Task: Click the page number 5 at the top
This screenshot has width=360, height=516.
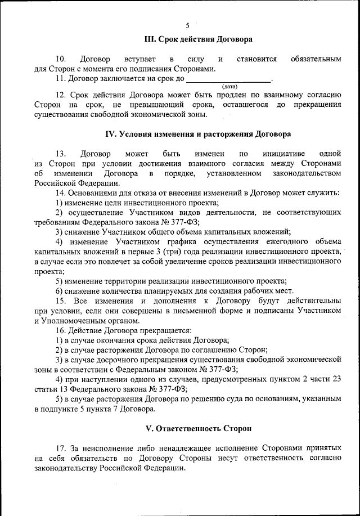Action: (x=187, y=25)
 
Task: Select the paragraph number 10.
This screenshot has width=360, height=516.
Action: (x=61, y=59)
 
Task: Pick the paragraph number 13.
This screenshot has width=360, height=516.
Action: (x=61, y=153)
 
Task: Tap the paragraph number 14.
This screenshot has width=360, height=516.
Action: (x=61, y=192)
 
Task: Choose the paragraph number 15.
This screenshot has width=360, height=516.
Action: (x=61, y=301)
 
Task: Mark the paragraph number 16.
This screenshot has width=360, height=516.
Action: (x=61, y=330)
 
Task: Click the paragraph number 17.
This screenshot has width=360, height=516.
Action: (x=61, y=448)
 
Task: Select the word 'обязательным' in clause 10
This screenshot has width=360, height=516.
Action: (x=315, y=59)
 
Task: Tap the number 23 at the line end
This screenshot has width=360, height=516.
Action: (x=336, y=379)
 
